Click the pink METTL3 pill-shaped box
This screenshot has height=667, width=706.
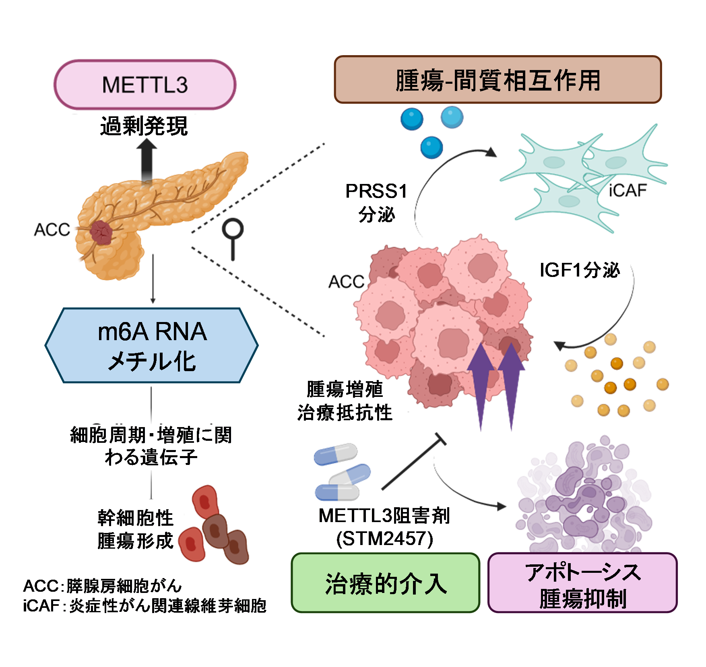145,85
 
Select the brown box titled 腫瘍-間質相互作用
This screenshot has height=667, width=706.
498,80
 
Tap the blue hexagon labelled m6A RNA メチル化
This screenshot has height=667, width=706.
152,345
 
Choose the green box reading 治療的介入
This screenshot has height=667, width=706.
386,583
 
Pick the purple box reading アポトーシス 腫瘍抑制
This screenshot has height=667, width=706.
582,583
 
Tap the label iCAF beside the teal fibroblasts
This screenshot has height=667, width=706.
628,190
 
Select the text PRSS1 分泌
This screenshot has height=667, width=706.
377,202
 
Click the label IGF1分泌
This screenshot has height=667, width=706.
580,270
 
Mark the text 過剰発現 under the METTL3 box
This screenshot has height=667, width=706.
144,126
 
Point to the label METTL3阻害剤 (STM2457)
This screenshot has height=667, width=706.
384,527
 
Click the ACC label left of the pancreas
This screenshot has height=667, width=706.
52,230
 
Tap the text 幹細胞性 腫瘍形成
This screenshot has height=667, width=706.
135,529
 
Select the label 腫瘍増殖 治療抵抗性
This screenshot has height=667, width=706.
345,401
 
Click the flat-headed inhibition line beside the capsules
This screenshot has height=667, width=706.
413,463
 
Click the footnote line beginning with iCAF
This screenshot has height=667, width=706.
145,605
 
